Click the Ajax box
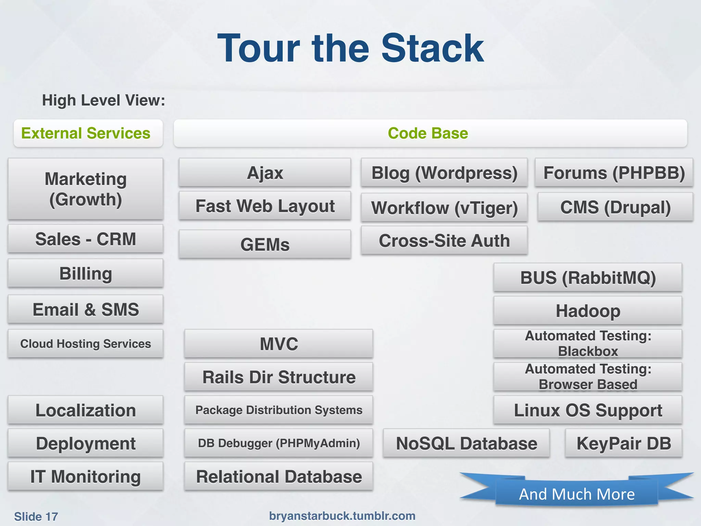coord(265,173)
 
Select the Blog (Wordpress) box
coord(444,173)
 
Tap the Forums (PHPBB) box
coord(614,173)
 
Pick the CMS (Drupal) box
coord(615,207)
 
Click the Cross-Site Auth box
coord(444,240)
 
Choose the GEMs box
coord(265,244)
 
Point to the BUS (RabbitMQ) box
coord(588,277)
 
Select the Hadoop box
coord(588,311)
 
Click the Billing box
coord(86,273)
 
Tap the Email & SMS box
coord(86,309)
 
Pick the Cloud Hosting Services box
coord(86,343)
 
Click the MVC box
coord(279,343)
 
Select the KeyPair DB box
coord(624,443)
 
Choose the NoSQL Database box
coord(466,443)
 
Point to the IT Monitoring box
coord(86,476)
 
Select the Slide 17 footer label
coord(36,516)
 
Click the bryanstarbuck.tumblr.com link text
coord(342,516)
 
